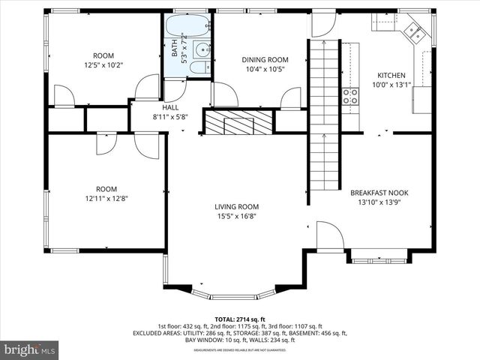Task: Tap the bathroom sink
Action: tap(202, 50)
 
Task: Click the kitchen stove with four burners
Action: tap(350, 95)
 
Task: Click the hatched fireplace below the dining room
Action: tap(239, 123)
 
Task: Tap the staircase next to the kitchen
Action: tap(324, 120)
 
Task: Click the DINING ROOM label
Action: tap(264, 60)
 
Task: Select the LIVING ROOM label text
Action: tap(236, 207)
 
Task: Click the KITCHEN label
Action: tap(391, 75)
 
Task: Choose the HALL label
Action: tap(149, 107)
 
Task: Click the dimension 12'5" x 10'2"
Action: tap(103, 65)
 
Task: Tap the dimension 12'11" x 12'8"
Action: tap(106, 199)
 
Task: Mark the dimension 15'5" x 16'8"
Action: tap(236, 217)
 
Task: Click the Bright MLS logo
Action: tap(30, 349)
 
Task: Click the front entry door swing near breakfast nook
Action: tap(329, 235)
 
